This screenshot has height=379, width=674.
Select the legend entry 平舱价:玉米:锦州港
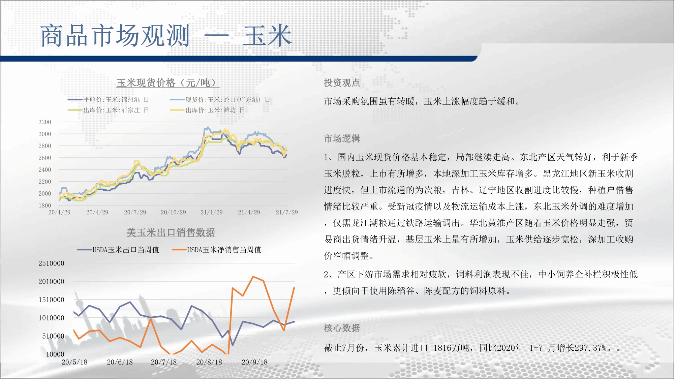[x=108, y=100]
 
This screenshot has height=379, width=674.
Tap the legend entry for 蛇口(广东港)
[x=220, y=100]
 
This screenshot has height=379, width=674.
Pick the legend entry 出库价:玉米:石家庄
[x=108, y=110]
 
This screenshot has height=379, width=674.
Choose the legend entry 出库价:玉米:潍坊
[x=207, y=110]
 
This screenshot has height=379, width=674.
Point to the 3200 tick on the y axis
[x=45, y=122]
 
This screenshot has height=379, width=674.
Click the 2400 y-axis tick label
[x=45, y=170]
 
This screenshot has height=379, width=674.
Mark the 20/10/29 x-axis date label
[x=173, y=212]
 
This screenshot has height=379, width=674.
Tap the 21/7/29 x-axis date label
[x=287, y=212]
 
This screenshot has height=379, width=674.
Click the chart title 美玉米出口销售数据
[x=171, y=232]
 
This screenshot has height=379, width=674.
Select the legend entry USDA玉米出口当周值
[x=118, y=250]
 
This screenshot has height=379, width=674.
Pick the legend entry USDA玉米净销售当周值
[x=217, y=250]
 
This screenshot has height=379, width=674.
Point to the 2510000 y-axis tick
[x=51, y=263]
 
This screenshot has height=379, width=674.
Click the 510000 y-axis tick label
[x=53, y=336]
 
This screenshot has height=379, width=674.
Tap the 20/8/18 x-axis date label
[x=209, y=362]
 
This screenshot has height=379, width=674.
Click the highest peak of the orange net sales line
[x=253, y=277]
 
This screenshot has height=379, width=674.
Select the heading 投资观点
[x=342, y=83]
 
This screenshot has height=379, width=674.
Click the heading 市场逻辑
[x=342, y=138]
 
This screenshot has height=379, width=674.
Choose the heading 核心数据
[x=342, y=328]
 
